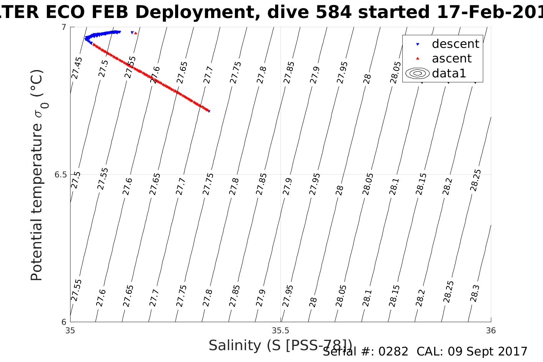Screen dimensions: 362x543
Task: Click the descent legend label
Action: click(455, 44)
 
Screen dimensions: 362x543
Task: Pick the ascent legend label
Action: click(451, 59)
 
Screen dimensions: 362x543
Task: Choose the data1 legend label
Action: click(449, 73)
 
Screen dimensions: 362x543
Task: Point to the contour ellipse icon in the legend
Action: click(417, 73)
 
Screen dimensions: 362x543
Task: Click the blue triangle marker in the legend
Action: click(418, 44)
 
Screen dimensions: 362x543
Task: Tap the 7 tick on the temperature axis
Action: click(64, 27)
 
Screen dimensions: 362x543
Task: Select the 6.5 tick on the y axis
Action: click(60, 175)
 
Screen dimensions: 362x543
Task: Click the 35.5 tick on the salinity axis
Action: click(281, 330)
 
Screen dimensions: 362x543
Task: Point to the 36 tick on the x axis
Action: click(491, 330)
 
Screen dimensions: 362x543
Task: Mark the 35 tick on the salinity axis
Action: click(71, 330)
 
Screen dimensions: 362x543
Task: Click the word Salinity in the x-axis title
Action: click(235, 345)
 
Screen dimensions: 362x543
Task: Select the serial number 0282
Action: click(393, 351)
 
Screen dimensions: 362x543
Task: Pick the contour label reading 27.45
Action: click(77, 68)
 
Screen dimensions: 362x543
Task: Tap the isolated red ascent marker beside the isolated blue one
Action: click(136, 33)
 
